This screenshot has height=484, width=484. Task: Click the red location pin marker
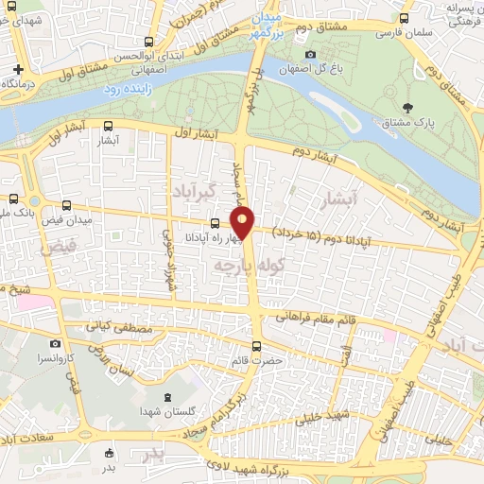(x=244, y=223)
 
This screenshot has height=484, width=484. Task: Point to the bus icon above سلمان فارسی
(x=405, y=17)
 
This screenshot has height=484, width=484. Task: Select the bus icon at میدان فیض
(x=65, y=205)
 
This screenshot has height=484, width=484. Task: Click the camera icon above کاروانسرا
(x=55, y=343)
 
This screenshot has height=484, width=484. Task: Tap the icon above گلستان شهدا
(x=167, y=396)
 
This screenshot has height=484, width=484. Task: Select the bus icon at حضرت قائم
(x=257, y=345)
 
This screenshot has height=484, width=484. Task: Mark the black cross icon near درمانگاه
(x=18, y=70)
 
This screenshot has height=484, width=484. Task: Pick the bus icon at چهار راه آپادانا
(x=215, y=223)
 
